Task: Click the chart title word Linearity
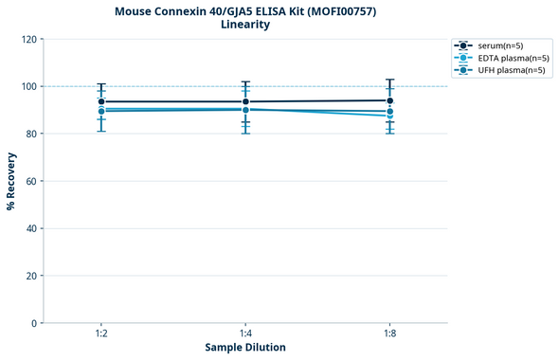click(244, 25)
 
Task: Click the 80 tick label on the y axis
click(31, 134)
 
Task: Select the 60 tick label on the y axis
click(31, 181)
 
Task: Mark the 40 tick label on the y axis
click(31, 228)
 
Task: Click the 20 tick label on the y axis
click(31, 276)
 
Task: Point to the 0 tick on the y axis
click(34, 323)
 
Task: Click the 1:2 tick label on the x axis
click(101, 334)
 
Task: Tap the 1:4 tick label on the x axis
click(245, 334)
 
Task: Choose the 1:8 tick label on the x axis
click(389, 334)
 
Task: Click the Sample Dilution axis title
click(245, 348)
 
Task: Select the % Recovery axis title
click(11, 180)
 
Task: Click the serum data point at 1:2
click(101, 101)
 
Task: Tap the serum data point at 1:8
click(389, 100)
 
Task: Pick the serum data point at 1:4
click(245, 101)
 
